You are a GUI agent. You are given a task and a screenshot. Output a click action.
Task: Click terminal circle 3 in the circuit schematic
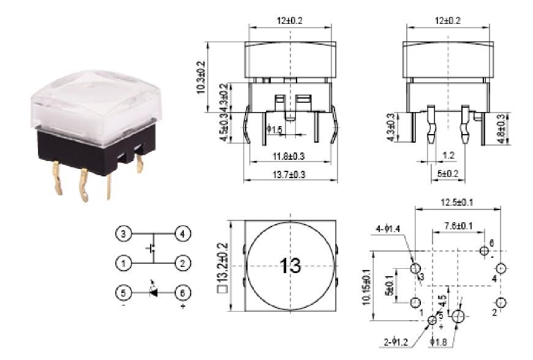(123, 234)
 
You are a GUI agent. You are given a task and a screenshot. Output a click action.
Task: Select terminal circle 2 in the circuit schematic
(183, 264)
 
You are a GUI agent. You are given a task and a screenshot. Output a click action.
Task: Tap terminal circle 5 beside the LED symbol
(123, 293)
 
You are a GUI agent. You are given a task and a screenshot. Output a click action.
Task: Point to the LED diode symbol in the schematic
(153, 293)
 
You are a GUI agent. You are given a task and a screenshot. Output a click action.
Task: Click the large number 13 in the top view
(291, 266)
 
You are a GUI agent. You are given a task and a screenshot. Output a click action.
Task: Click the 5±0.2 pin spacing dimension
(450, 174)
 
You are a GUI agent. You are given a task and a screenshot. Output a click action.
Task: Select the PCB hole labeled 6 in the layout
(485, 250)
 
